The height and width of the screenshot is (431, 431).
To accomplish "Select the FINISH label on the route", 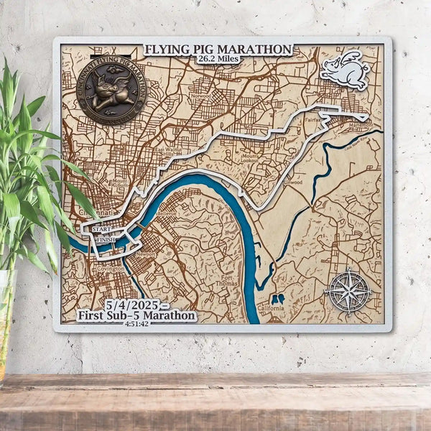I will [106, 239].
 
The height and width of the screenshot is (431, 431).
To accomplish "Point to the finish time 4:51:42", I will [136, 324].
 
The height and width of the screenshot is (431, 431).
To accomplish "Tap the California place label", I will [272, 309].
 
